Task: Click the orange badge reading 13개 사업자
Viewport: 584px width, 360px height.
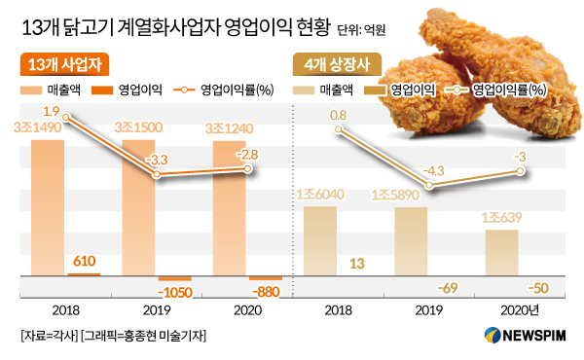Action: (x=64, y=64)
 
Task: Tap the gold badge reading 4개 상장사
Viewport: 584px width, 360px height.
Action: (x=337, y=64)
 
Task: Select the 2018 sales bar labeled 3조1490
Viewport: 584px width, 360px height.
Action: (x=48, y=208)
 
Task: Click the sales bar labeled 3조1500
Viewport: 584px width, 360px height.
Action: (x=138, y=208)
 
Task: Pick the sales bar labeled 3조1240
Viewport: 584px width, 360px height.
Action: (x=230, y=208)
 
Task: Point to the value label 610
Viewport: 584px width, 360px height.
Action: (x=84, y=261)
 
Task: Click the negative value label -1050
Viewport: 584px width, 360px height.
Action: (x=175, y=292)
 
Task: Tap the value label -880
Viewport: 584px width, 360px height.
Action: (x=266, y=292)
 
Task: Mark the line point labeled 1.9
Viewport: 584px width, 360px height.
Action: (x=66, y=118)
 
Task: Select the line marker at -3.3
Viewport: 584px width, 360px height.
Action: (x=157, y=174)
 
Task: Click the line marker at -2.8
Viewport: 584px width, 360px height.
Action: (x=247, y=169)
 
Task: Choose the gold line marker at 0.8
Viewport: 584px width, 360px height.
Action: (x=338, y=129)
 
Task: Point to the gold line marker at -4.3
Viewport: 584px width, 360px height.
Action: (x=429, y=185)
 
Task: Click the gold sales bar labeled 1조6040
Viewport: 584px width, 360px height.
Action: (x=320, y=241)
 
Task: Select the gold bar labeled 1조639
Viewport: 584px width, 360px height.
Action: (x=502, y=253)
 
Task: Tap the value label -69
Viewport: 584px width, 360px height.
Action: (x=448, y=288)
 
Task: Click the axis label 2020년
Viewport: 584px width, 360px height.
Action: (x=520, y=310)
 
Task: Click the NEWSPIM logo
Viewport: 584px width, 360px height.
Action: (x=526, y=335)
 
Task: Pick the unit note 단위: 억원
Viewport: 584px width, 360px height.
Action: (x=361, y=30)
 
